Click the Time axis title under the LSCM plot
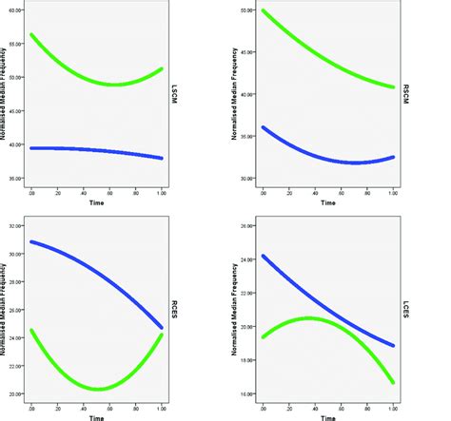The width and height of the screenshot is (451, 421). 97,201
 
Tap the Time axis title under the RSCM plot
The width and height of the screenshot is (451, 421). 328,201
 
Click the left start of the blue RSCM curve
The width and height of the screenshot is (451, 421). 263,127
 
